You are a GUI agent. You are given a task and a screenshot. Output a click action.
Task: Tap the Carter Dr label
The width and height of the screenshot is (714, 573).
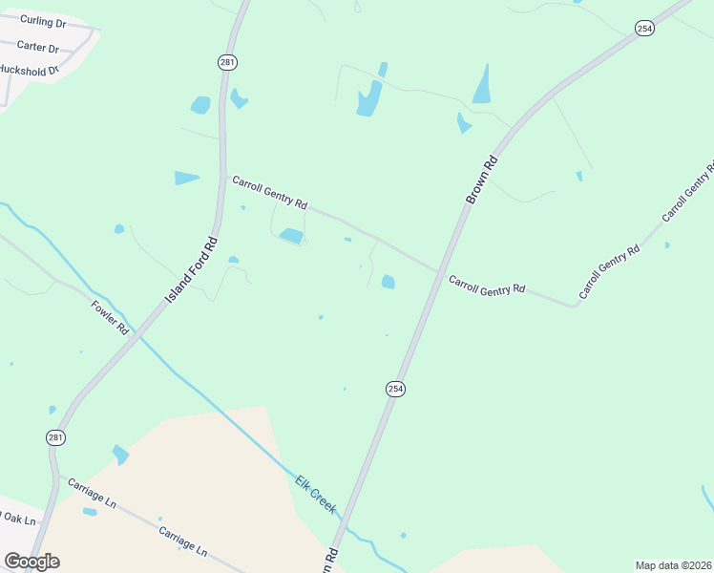tap(38, 48)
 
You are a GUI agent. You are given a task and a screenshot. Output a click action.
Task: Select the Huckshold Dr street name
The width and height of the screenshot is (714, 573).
tap(30, 70)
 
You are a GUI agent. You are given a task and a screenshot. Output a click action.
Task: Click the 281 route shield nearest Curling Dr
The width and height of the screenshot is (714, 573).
tap(226, 62)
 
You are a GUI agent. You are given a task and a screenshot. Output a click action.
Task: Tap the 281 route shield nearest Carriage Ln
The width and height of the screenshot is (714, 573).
tap(56, 436)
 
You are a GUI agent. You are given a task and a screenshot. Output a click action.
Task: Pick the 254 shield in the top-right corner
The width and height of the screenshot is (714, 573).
tap(644, 29)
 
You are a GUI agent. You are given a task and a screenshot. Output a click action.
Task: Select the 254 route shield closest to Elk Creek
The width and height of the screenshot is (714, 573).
tap(395, 389)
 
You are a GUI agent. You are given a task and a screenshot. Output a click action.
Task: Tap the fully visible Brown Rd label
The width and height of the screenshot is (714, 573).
tap(483, 179)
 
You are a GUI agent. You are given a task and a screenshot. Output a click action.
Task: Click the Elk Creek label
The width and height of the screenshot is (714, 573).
tap(315, 494)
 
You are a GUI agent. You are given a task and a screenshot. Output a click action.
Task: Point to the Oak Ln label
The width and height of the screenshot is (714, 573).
tap(18, 519)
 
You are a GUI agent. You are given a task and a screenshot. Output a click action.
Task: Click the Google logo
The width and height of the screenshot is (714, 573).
tap(31, 561)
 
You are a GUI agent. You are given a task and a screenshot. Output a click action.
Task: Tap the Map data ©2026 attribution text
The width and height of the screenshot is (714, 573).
tap(673, 565)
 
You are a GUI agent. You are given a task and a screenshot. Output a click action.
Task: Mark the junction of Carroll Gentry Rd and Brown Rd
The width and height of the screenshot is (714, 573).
tap(439, 273)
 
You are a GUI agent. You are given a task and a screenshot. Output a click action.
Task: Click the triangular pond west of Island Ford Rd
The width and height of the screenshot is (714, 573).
tap(186, 178)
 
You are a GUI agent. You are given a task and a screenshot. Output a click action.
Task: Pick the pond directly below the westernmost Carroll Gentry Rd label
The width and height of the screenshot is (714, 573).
tap(291, 235)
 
